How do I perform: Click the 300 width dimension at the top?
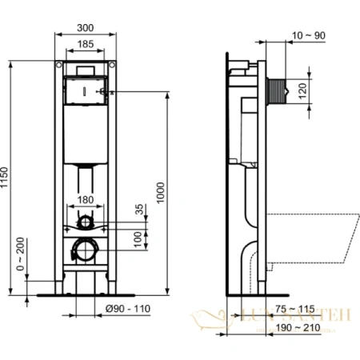86,26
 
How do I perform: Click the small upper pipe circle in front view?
87,222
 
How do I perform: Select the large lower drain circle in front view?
85,250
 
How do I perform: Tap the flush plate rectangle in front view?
86,90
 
